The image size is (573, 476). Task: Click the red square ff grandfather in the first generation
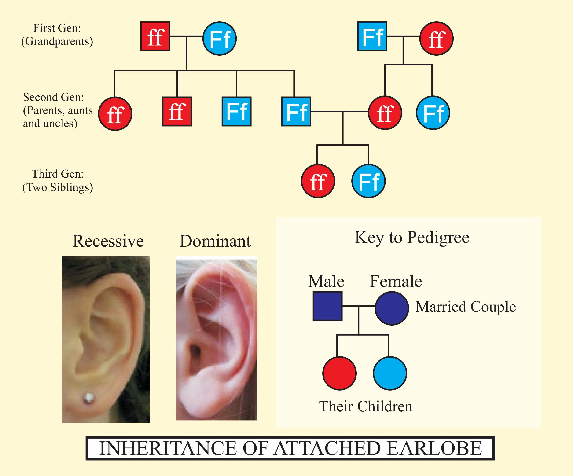click(x=155, y=36)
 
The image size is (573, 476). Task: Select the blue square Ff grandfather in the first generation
click(x=372, y=36)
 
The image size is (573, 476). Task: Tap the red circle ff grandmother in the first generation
click(x=436, y=38)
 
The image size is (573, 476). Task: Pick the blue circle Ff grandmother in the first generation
click(x=219, y=38)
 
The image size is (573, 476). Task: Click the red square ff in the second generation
click(x=177, y=111)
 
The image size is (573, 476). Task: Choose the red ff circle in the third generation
click(x=318, y=181)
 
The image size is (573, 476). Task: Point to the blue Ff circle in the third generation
click(x=368, y=181)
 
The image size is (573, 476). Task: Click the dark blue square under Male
click(x=327, y=306)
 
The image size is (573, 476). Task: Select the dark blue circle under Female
click(x=392, y=308)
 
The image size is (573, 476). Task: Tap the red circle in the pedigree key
click(x=339, y=373)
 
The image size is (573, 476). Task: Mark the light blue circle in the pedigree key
click(x=390, y=373)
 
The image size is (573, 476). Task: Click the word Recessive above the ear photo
click(x=108, y=241)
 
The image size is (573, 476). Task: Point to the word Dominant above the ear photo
click(x=215, y=241)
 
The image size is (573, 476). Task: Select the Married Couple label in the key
click(x=466, y=307)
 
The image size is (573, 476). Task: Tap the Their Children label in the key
click(x=365, y=406)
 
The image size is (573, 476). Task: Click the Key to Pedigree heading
click(x=412, y=237)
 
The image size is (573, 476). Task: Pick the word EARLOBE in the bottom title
click(x=434, y=448)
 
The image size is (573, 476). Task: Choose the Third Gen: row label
click(x=58, y=174)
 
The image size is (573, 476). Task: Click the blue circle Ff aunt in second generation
click(x=433, y=113)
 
